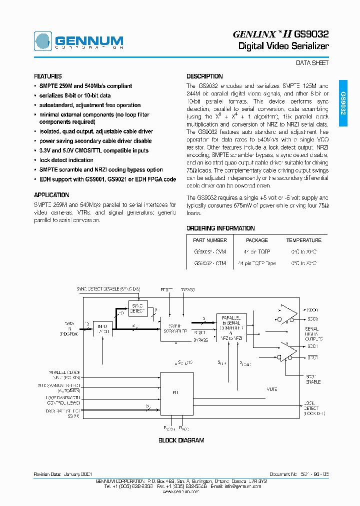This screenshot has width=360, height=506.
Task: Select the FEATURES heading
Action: pos(48,76)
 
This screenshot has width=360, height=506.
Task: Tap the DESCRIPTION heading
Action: pos(204,76)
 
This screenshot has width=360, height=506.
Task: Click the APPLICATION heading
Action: pos(51,195)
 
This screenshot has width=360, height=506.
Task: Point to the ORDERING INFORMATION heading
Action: pos(220,228)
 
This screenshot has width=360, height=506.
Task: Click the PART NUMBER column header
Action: pos(210,240)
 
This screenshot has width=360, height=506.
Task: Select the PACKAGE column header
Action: pos(257,240)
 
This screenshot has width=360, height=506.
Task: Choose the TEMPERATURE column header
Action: pos(303,240)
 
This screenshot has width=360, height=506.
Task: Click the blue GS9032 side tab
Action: pos(343,103)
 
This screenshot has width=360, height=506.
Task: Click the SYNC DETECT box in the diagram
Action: pos(137,308)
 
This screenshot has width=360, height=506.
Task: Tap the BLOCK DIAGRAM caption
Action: pos(181,440)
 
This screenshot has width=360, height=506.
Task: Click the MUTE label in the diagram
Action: pos(271,389)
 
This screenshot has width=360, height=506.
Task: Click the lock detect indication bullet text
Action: pos(66,160)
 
